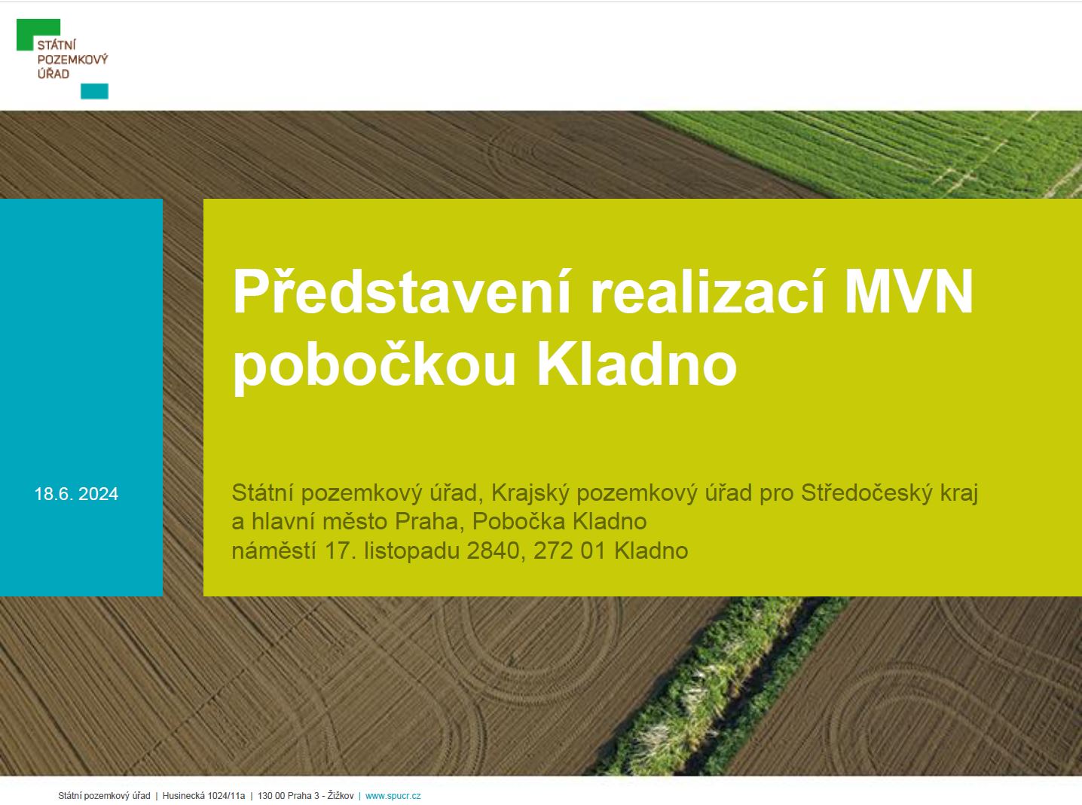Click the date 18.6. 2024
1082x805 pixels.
tap(76, 494)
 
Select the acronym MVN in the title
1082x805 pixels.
tap(909, 291)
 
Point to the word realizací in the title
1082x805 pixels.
tap(708, 292)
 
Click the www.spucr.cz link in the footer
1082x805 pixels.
tap(393, 796)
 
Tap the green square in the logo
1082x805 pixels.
tap(38, 34)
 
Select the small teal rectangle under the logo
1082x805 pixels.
tap(94, 91)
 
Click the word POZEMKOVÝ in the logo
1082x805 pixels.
tap(72, 59)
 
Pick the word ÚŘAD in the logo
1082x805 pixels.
tap(53, 74)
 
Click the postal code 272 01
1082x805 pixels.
tap(570, 551)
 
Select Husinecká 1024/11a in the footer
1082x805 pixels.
tap(204, 796)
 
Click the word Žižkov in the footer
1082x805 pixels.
tap(341, 796)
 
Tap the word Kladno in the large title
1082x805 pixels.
tap(637, 364)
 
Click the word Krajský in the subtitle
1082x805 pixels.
tap(530, 493)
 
